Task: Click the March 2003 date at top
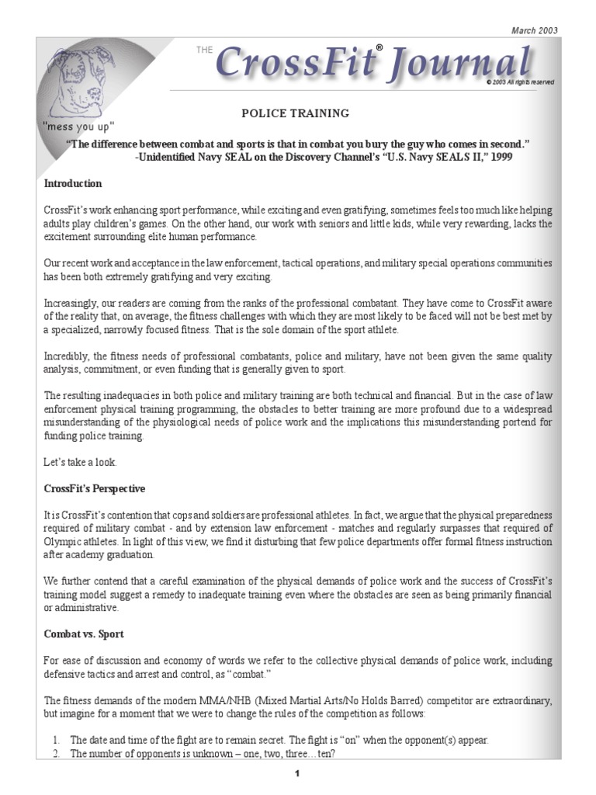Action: pyautogui.click(x=534, y=30)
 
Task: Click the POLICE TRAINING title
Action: pyautogui.click(x=295, y=113)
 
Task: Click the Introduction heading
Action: pyautogui.click(x=72, y=184)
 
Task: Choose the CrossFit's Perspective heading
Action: pyautogui.click(x=95, y=489)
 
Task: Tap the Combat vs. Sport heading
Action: pyautogui.click(x=84, y=634)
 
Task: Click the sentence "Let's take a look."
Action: pyautogui.click(x=80, y=463)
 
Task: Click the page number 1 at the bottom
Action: pyautogui.click(x=297, y=774)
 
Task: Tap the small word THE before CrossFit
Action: pyautogui.click(x=203, y=49)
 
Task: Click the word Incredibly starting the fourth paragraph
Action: pyautogui.click(x=65, y=356)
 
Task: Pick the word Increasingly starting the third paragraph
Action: pyautogui.click(x=69, y=303)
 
